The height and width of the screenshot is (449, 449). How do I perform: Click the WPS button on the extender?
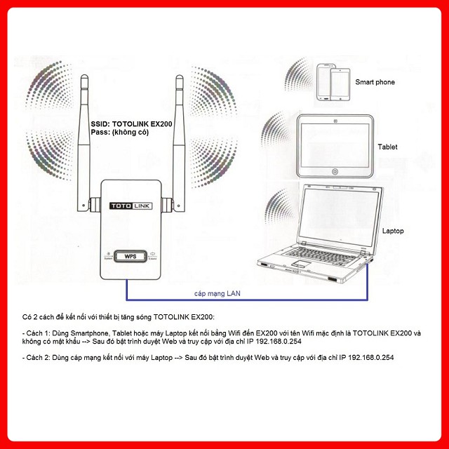coord(129,256)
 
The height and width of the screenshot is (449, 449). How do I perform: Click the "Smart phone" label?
coord(375,82)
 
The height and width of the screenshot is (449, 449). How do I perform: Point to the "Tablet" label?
coord(387,147)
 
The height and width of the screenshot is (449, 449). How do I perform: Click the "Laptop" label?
coord(393,230)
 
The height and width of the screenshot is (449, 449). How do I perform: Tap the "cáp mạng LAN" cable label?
coord(218,294)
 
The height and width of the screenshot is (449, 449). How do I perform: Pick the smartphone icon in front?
coord(339,83)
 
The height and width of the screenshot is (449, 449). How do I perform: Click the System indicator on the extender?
coord(108,256)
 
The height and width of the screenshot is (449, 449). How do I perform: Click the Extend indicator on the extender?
coord(152,256)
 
